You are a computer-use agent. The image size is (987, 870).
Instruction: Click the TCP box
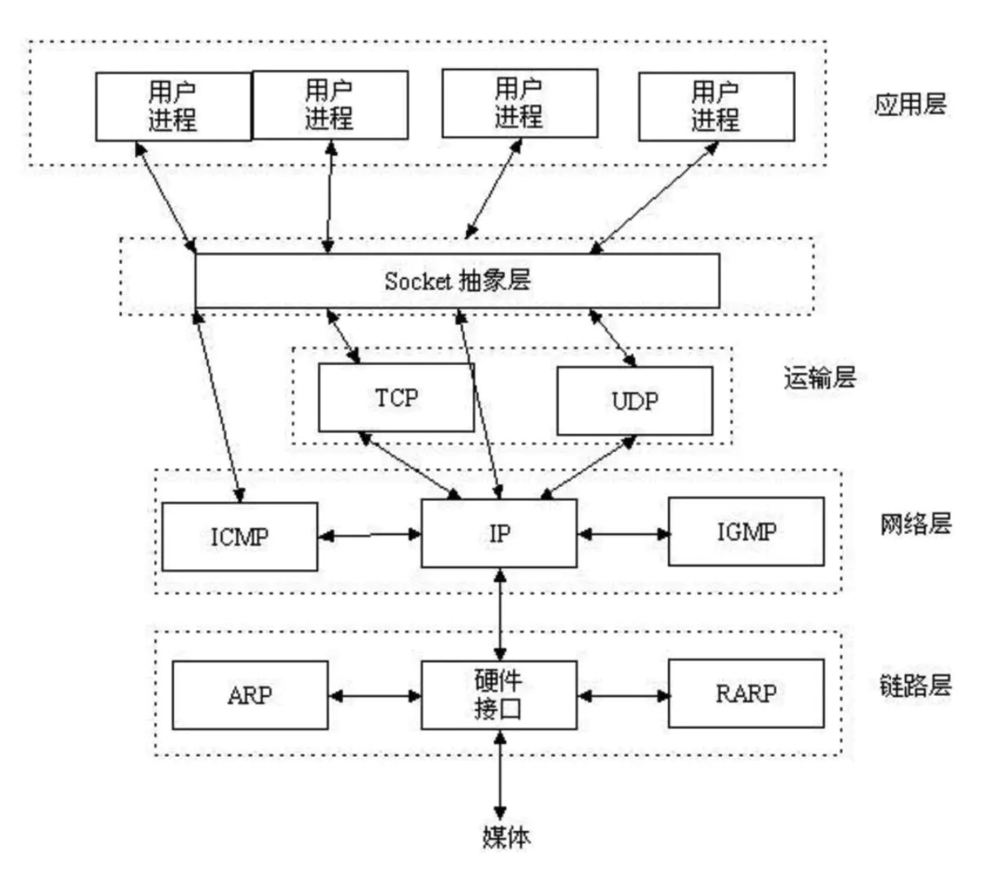tap(396, 398)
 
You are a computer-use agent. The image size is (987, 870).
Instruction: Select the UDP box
tap(635, 401)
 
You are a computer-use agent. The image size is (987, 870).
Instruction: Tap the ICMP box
tap(240, 537)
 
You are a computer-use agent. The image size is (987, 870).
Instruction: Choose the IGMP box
tap(746, 532)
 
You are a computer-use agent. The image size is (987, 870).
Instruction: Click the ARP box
tap(250, 695)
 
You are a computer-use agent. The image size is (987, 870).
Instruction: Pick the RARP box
tap(746, 694)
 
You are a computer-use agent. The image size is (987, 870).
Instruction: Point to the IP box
tap(499, 533)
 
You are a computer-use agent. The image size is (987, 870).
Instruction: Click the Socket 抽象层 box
tap(458, 281)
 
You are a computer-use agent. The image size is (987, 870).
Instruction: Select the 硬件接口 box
tap(499, 695)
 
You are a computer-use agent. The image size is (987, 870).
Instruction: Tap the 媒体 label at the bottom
tap(506, 837)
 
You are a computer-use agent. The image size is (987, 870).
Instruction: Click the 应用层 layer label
tap(910, 104)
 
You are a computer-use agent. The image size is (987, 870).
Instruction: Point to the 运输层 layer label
tap(820, 377)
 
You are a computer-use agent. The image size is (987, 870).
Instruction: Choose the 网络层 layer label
tap(915, 524)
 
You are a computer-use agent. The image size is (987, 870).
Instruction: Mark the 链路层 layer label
tap(915, 686)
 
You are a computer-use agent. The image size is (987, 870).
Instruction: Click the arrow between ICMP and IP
tap(370, 535)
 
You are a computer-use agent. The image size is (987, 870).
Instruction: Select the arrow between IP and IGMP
tap(623, 534)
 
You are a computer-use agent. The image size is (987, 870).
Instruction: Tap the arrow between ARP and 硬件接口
tap(375, 696)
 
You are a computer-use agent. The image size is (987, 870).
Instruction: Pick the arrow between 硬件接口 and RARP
tap(623, 696)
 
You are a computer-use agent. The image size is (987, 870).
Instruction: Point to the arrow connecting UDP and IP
tap(588, 468)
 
